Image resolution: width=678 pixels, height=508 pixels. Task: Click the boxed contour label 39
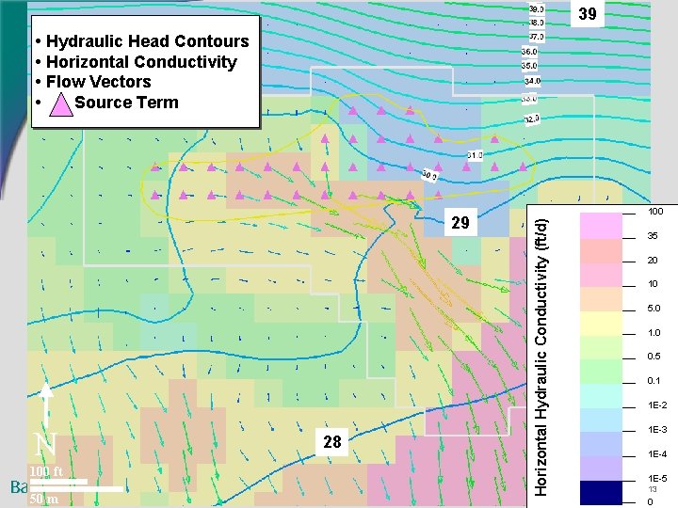[587, 14]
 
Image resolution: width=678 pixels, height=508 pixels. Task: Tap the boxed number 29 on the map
[460, 223]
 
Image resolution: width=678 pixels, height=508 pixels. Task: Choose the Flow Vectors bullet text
[98, 82]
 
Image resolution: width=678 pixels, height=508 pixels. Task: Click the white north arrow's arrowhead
[46, 390]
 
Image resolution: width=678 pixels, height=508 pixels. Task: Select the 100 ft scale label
[45, 471]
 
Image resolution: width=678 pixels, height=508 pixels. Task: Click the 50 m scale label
[43, 500]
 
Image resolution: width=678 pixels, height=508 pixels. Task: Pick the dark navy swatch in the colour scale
[601, 492]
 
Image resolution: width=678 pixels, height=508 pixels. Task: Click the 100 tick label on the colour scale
[655, 212]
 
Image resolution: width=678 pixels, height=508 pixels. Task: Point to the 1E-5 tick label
[656, 479]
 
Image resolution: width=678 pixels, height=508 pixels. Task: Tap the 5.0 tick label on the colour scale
[654, 309]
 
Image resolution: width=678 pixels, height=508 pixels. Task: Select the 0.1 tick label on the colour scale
[654, 381]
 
